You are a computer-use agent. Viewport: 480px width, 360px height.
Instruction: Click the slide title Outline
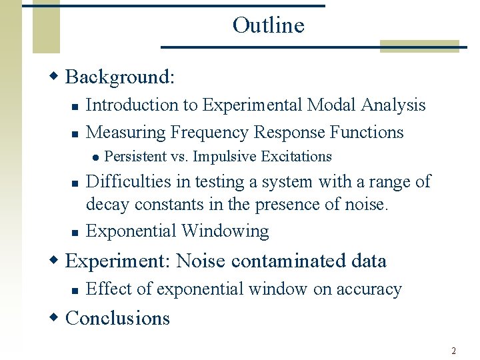coord(268,25)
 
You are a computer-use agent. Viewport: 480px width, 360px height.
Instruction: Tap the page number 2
coord(453,351)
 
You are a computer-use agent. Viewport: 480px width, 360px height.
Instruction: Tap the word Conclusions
coord(118,318)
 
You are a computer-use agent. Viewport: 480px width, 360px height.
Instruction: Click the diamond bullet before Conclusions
coord(55,318)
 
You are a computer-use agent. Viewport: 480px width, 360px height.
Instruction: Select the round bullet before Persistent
coord(96,157)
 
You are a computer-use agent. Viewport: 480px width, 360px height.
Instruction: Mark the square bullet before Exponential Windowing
coord(75,233)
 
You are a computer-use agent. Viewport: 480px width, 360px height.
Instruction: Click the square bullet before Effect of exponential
coord(75,291)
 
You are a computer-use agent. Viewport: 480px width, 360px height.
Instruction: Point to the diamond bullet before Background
coord(55,77)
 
